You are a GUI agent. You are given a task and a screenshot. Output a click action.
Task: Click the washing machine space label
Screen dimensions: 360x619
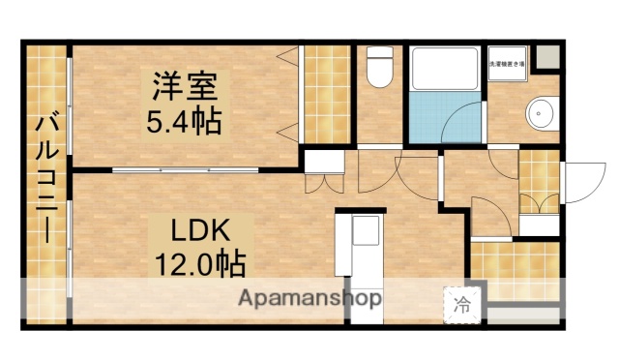tap(506, 64)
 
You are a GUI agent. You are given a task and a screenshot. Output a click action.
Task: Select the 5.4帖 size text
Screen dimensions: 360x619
tap(184, 122)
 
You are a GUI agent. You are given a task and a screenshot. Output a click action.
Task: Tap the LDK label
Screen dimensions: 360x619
tap(200, 230)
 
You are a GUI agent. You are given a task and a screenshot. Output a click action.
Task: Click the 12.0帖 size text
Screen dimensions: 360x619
tap(200, 262)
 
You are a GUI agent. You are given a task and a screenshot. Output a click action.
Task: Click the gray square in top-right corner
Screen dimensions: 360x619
tap(546, 56)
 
